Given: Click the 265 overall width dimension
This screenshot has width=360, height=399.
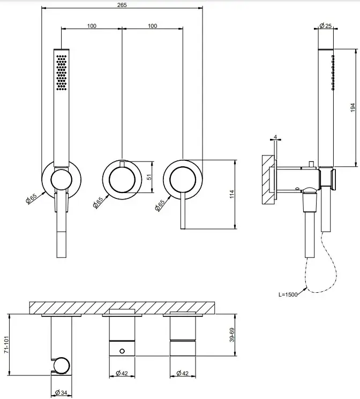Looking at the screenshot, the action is pyautogui.click(x=122, y=5).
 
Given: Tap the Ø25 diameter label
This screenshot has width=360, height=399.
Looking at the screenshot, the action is pyautogui.click(x=326, y=26).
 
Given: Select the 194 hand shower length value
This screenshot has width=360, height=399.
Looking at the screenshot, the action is pyautogui.click(x=352, y=108).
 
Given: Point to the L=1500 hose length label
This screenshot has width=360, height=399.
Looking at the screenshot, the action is pyautogui.click(x=288, y=294).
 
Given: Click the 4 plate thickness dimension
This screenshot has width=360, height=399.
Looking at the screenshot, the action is pyautogui.click(x=275, y=137).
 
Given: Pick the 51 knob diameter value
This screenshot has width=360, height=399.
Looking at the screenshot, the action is pyautogui.click(x=149, y=176).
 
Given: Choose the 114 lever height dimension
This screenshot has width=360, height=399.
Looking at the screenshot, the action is pyautogui.click(x=231, y=195).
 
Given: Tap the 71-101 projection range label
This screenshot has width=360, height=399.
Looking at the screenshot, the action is pyautogui.click(x=6, y=344).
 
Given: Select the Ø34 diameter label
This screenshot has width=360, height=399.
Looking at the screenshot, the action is pyautogui.click(x=61, y=393).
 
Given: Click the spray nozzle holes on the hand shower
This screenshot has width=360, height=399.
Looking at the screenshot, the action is pyautogui.click(x=62, y=72).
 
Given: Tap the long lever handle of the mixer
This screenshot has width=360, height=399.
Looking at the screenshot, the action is pyautogui.click(x=183, y=211).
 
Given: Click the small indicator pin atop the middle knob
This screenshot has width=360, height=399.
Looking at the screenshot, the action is pyautogui.click(x=122, y=164).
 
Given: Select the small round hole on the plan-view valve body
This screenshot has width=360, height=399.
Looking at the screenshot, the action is pyautogui.click(x=122, y=351).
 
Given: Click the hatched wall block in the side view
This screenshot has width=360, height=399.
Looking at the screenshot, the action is pyautogui.click(x=268, y=180).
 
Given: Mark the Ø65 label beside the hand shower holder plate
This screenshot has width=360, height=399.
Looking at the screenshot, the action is pyautogui.click(x=31, y=198).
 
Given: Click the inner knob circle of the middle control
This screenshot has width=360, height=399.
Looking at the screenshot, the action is pyautogui.click(x=122, y=180).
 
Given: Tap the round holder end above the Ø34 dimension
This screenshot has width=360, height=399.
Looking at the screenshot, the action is pyautogui.click(x=61, y=366).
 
